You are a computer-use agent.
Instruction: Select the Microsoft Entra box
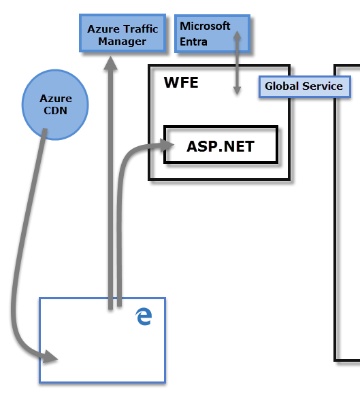(212, 34)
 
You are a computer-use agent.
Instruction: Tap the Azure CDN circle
(56, 105)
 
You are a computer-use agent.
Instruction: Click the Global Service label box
(304, 87)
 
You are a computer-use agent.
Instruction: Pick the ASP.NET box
(220, 145)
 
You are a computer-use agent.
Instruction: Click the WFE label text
(181, 83)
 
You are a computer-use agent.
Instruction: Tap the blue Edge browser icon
(144, 316)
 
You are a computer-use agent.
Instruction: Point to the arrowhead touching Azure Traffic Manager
(110, 63)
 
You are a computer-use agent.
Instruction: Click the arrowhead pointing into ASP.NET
(167, 143)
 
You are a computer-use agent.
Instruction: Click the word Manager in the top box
(122, 41)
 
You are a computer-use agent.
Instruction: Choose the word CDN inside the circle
(56, 110)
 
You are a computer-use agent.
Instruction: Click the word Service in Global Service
(323, 87)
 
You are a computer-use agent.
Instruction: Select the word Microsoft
(206, 27)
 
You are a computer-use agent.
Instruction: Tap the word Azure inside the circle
(56, 99)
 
